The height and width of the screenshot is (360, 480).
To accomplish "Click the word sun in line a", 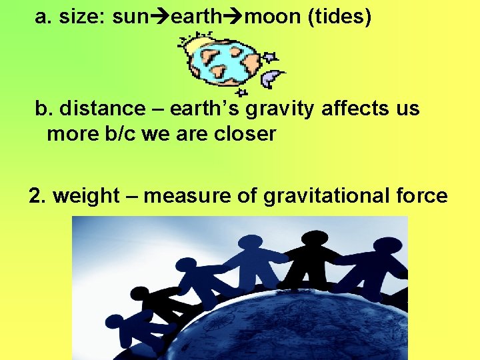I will (131, 17).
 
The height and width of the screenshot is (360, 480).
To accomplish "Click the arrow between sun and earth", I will (160, 17).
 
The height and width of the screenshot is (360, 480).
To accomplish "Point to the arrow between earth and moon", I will (234, 17).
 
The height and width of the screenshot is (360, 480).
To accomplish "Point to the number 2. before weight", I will (38, 196).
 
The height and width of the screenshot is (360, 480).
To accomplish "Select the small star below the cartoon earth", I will (242, 93).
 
